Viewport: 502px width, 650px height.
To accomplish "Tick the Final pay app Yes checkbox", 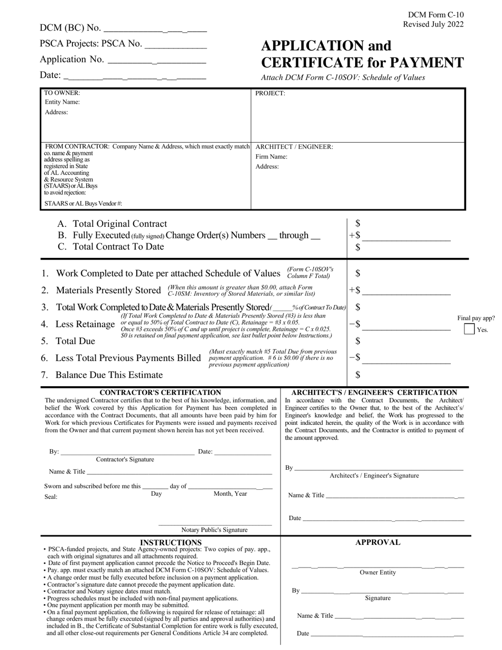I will coord(469,329).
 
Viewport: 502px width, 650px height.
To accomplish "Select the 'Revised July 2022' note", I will coord(433,24).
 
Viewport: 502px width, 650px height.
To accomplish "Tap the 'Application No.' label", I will coord(72,60).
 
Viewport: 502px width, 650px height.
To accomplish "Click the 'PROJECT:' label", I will coord(270,94).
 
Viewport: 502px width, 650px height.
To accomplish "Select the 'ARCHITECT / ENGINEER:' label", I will coord(294,147).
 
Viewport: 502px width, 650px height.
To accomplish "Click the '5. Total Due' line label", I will coord(68,341).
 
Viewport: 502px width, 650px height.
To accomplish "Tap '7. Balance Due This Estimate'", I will coord(102,375).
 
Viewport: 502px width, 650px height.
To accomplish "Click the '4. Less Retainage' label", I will coord(78,324).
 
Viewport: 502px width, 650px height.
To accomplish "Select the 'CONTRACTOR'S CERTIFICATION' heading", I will coord(161,393).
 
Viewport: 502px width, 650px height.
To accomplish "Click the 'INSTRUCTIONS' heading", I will coord(170,542).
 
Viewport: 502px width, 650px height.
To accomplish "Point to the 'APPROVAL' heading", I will coord(377,542).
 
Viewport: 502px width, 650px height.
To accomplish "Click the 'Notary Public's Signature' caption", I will coord(214,530).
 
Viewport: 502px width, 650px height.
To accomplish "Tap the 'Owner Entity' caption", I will coord(377,572).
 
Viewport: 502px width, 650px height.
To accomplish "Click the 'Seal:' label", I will coord(51,497).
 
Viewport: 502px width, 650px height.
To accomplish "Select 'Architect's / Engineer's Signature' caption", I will coord(374,476).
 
